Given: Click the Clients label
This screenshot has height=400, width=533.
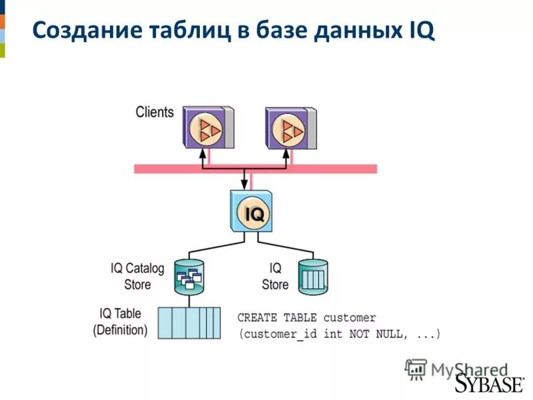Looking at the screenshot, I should click(x=155, y=111).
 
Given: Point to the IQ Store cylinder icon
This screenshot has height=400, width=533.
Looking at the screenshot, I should click(x=314, y=276).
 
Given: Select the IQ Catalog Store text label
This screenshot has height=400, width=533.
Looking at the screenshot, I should click(x=137, y=277).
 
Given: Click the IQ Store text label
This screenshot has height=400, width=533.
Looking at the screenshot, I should click(x=274, y=277).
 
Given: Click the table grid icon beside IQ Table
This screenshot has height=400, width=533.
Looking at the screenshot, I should click(x=189, y=323).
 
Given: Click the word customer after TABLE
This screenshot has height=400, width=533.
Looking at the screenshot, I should click(x=350, y=317).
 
